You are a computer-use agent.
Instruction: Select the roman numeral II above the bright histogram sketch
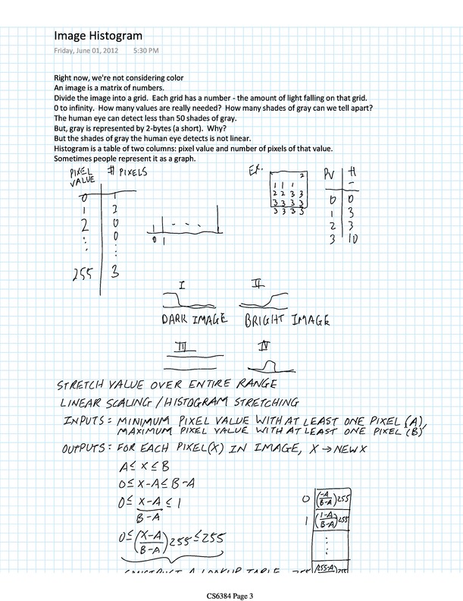click(x=258, y=285)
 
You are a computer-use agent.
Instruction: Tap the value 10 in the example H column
click(x=355, y=240)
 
